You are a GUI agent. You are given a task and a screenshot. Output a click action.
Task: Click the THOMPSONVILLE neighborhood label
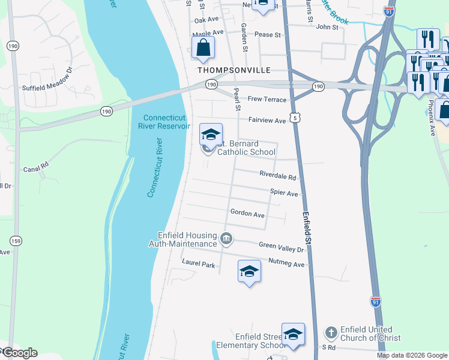point(234,70)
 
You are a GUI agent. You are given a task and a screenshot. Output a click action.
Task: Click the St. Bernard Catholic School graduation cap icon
point(211,134)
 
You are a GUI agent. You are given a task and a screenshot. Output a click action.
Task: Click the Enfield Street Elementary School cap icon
point(293,334)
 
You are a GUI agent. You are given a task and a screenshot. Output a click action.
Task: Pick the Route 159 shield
point(16,241)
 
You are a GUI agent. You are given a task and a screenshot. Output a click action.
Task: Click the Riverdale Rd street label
point(278,177)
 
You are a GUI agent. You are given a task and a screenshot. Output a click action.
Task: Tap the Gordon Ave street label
point(247,214)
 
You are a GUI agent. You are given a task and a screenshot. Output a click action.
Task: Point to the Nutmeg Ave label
point(287,264)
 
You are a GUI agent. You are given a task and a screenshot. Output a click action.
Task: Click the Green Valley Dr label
point(282,245)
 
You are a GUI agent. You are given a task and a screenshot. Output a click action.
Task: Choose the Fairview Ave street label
point(268,121)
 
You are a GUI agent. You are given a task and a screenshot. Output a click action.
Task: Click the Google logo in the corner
point(20,352)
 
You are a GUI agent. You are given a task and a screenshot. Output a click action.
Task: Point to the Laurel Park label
point(198,264)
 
